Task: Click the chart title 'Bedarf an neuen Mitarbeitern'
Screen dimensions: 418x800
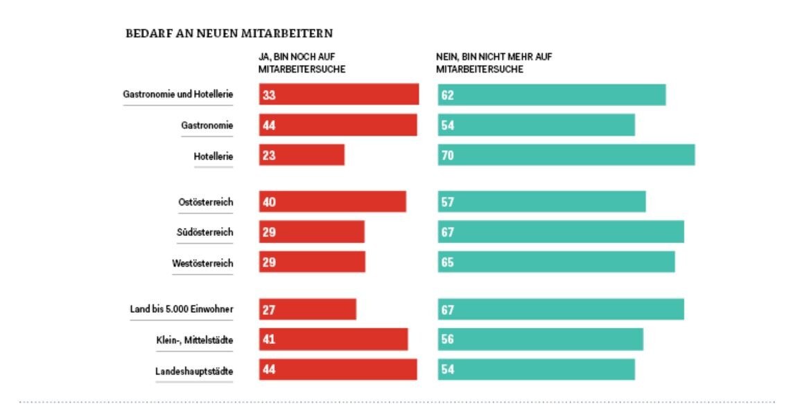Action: pyautogui.click(x=228, y=33)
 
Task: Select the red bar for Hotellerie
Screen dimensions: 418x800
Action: pyautogui.click(x=302, y=155)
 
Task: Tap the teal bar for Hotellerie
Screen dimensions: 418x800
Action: pyautogui.click(x=566, y=155)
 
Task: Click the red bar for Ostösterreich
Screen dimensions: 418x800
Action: pyautogui.click(x=332, y=201)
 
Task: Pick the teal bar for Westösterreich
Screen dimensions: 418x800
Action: pyautogui.click(x=556, y=262)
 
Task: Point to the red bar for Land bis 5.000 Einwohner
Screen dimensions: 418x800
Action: pyautogui.click(x=307, y=309)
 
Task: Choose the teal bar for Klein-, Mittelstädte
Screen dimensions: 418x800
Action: pyautogui.click(x=540, y=339)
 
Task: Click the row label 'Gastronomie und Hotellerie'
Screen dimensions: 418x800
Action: pyautogui.click(x=178, y=94)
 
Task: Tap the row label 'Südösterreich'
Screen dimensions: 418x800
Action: pyautogui.click(x=205, y=233)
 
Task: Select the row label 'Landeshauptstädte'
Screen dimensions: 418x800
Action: pyautogui.click(x=194, y=372)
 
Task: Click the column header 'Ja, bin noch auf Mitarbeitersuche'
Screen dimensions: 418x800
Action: pyautogui.click(x=302, y=63)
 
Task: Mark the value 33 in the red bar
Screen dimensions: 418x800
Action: pyautogui.click(x=269, y=95)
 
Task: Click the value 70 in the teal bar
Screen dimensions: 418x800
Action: pyautogui.click(x=447, y=156)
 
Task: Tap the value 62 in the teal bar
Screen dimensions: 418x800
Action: pyautogui.click(x=447, y=95)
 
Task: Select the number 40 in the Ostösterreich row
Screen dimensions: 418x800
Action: pyautogui.click(x=269, y=202)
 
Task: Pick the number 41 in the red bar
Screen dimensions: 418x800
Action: pyautogui.click(x=269, y=340)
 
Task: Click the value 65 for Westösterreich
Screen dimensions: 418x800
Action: pyautogui.click(x=447, y=263)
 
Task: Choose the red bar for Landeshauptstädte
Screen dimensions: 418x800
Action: pyautogui.click(x=338, y=370)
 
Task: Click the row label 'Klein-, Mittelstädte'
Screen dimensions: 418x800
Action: pyautogui.click(x=194, y=340)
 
